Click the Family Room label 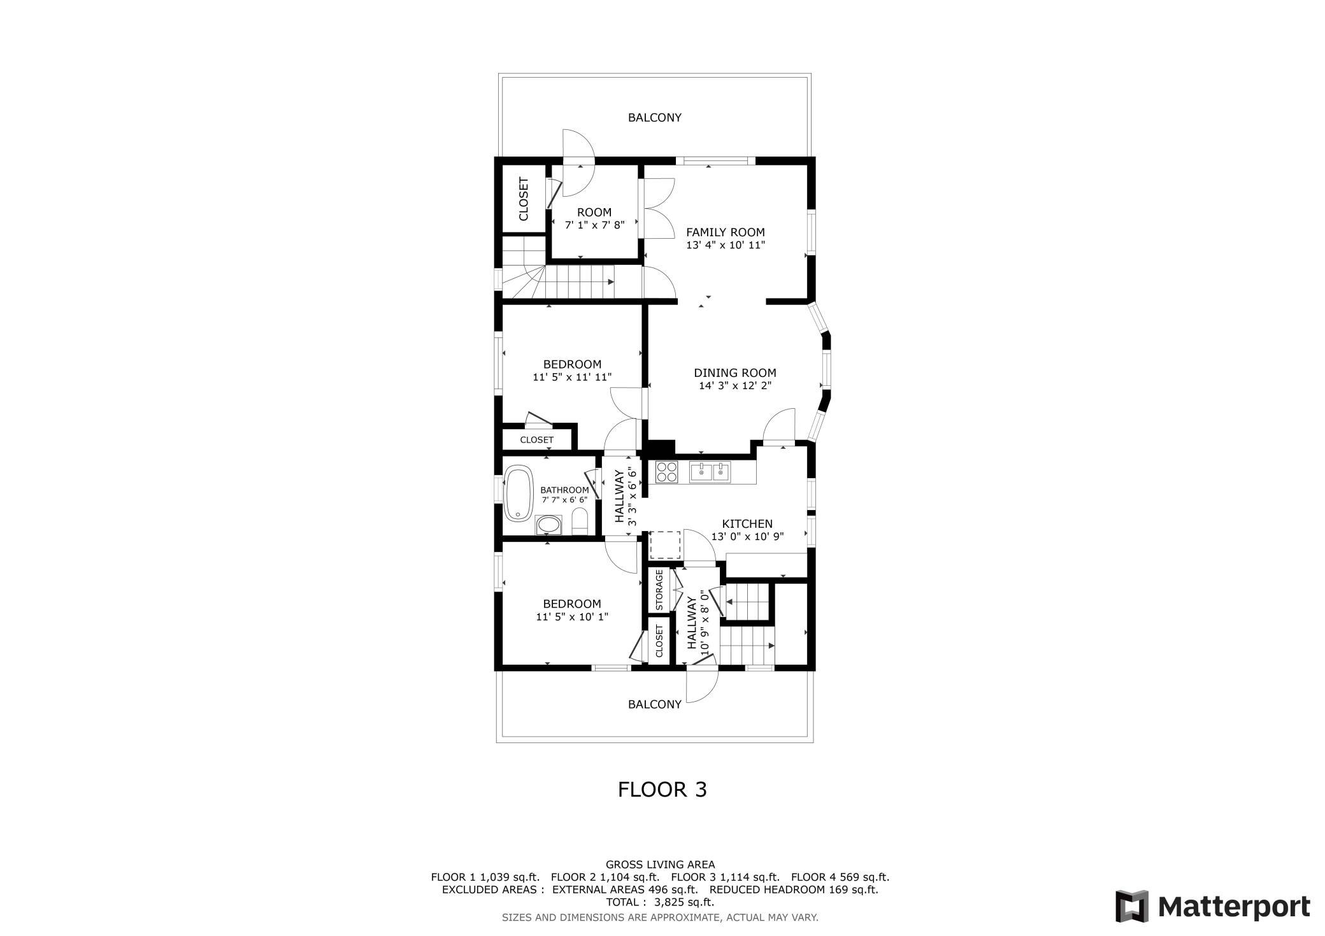click(725, 232)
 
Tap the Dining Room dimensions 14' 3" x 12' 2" click(735, 385)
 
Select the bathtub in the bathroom click(519, 493)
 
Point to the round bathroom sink click(548, 525)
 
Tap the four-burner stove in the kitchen click(667, 472)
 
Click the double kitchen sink click(710, 472)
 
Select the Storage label click(659, 590)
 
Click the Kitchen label click(747, 524)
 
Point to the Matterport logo click(1213, 905)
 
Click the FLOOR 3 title click(662, 790)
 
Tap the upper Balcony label click(655, 118)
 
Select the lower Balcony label click(655, 704)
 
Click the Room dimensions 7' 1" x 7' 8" click(594, 225)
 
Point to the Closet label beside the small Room click(524, 199)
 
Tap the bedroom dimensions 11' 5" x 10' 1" click(572, 616)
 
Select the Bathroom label click(564, 490)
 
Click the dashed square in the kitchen click(665, 545)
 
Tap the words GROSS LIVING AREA click(660, 865)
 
